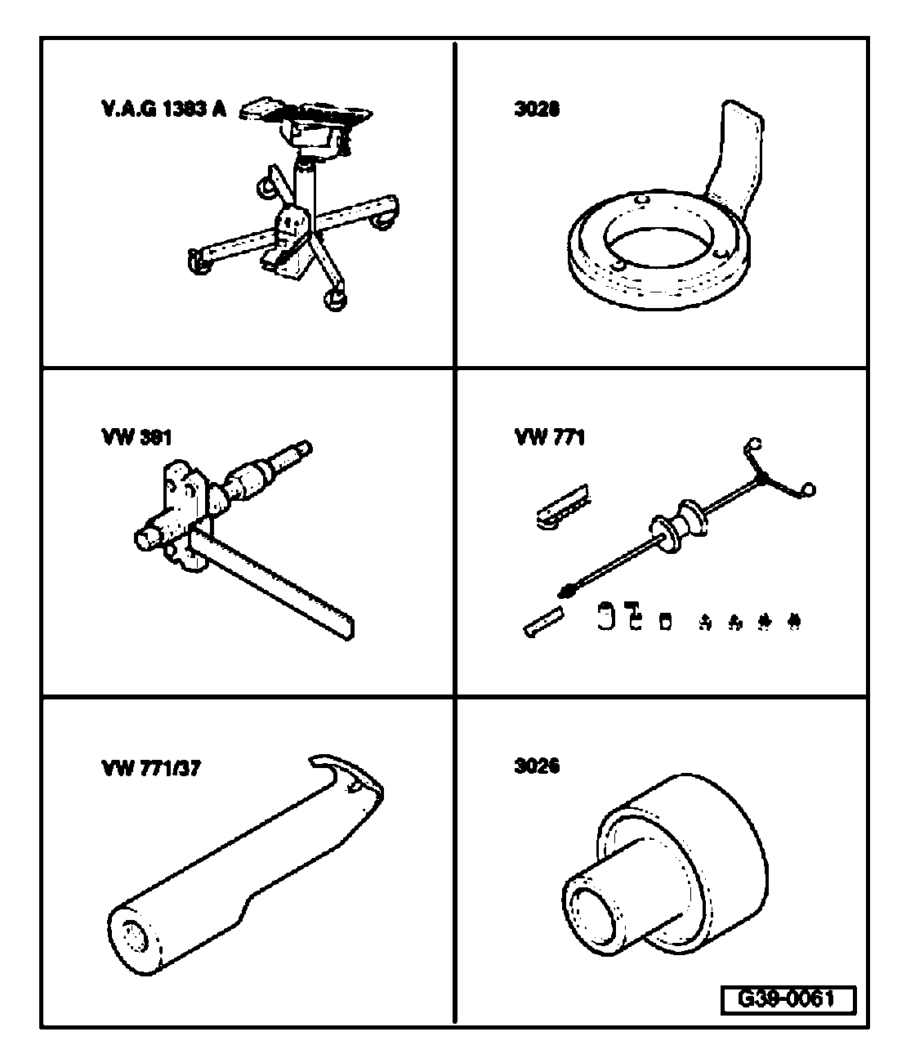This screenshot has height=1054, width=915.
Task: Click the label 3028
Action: coord(537,109)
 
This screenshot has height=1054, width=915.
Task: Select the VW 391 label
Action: coord(136,438)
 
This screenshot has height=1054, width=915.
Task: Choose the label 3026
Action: coord(537,767)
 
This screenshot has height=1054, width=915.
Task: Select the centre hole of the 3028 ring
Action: coord(658,246)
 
